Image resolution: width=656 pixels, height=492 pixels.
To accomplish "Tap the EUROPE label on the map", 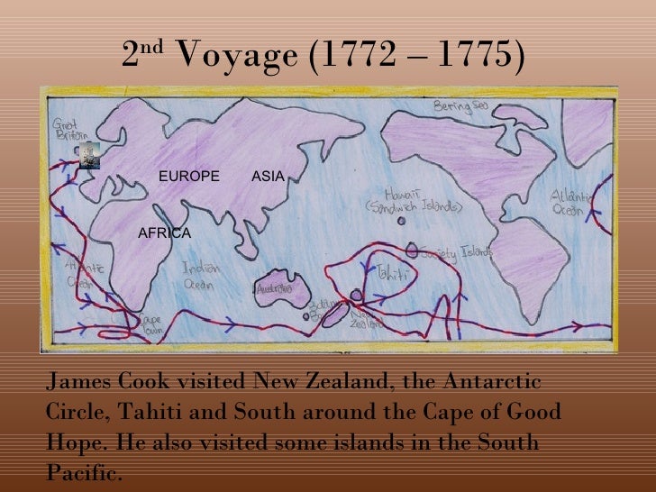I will point(189,176).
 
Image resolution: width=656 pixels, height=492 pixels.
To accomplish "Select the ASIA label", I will point(268,176).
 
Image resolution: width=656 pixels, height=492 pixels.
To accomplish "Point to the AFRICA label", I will point(164,233).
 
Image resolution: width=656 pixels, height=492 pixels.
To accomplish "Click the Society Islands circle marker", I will point(413,250).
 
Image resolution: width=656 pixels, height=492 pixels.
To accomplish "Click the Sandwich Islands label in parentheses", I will point(414,206).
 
